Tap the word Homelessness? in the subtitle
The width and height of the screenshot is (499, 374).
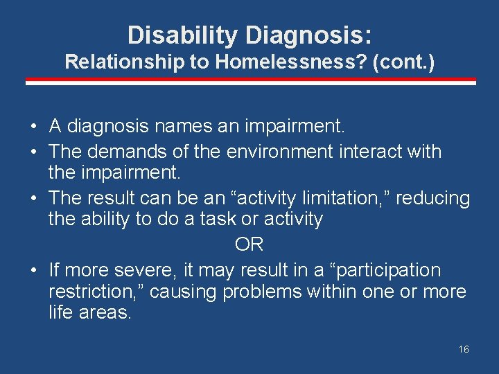pyautogui.click(x=291, y=62)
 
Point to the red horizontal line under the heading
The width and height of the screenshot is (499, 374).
pyautogui.click(x=250, y=82)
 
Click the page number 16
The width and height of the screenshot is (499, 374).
pyautogui.click(x=464, y=349)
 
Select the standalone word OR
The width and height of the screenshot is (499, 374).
pyautogui.click(x=249, y=244)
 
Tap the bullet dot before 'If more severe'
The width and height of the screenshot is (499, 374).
pyautogui.click(x=33, y=270)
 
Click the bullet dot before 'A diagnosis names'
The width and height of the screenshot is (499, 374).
pyautogui.click(x=33, y=127)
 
